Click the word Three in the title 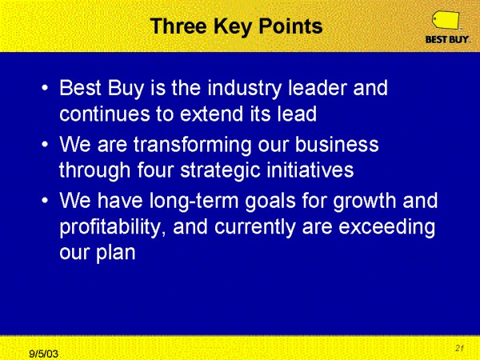point(179,26)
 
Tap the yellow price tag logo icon point(446,20)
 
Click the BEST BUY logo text point(447,39)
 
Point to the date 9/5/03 point(43,354)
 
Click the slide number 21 point(459,348)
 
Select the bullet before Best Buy point(45,88)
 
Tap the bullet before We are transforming point(45,145)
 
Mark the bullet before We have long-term point(45,201)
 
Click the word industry point(244,89)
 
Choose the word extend point(211,114)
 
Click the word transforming point(192,145)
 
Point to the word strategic point(221,171)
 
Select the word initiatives point(310,170)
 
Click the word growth point(365,202)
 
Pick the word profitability point(110,227)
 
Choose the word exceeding point(387,227)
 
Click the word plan point(116,253)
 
